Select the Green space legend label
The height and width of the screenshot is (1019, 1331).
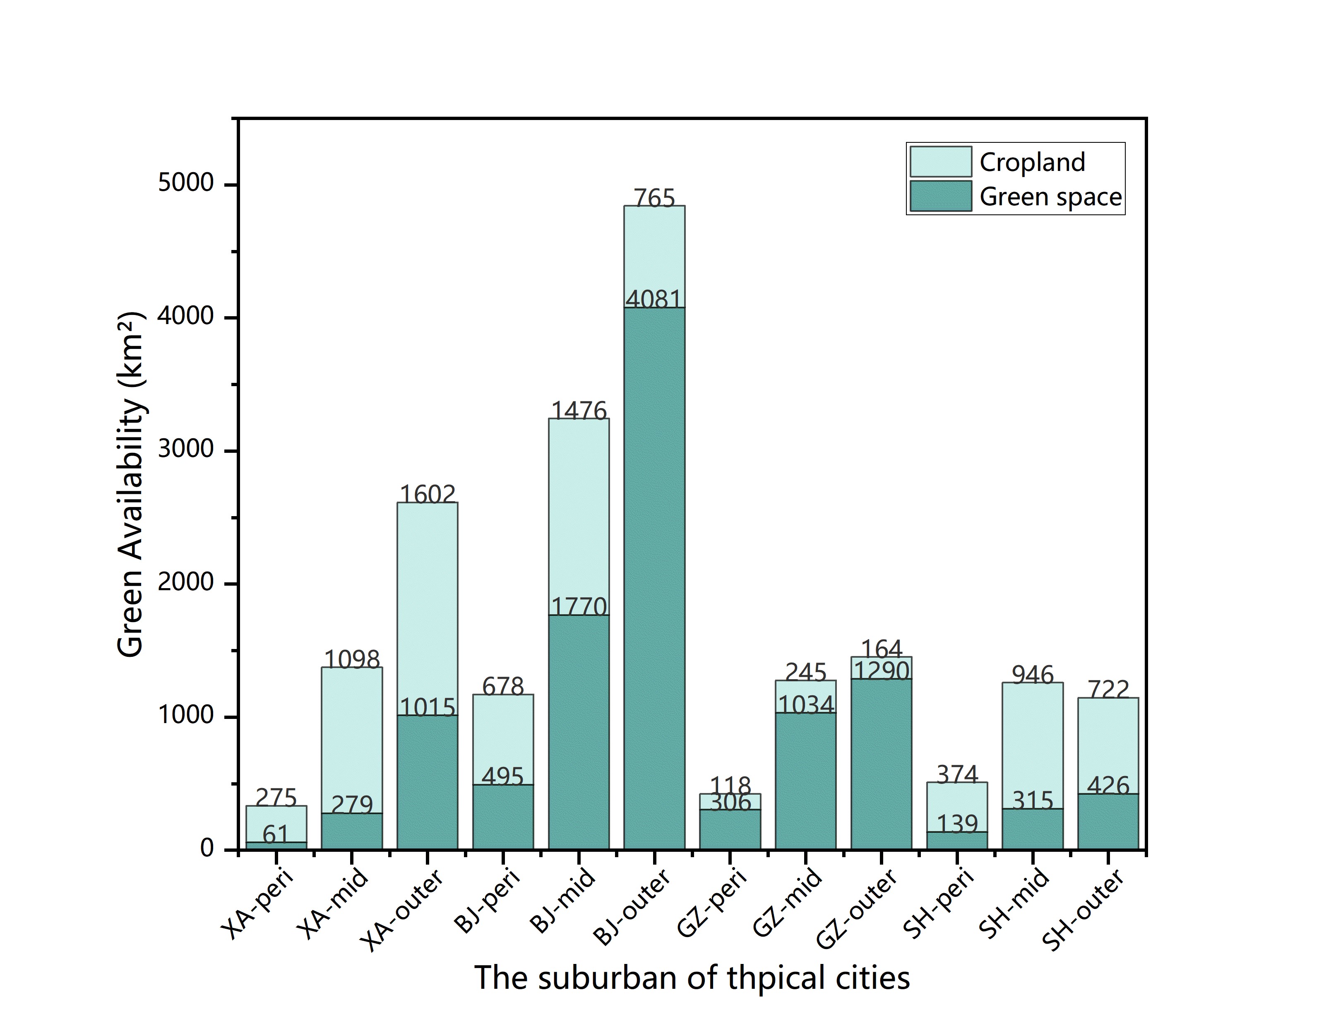(x=1050, y=197)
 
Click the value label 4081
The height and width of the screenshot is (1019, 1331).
(x=653, y=299)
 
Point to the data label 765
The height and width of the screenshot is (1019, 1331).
(x=654, y=198)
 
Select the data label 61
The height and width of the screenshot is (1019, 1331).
(x=276, y=834)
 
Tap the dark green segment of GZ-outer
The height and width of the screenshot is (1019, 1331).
(x=881, y=764)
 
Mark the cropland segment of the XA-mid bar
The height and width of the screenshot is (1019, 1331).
(x=352, y=740)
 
